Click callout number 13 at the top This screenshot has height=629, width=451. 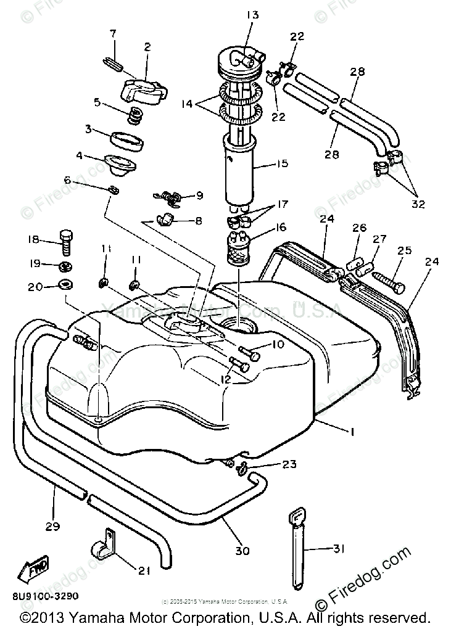238,14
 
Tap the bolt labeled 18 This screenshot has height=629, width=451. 66,244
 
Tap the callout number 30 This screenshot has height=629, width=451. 243,551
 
